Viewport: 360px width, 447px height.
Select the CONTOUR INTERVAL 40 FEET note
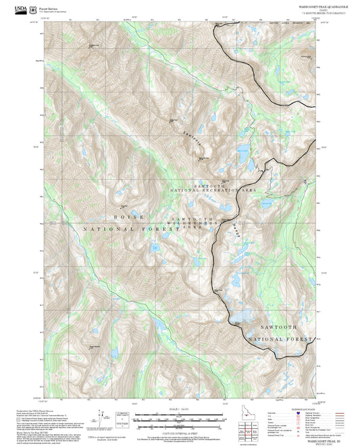(x=180, y=431)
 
